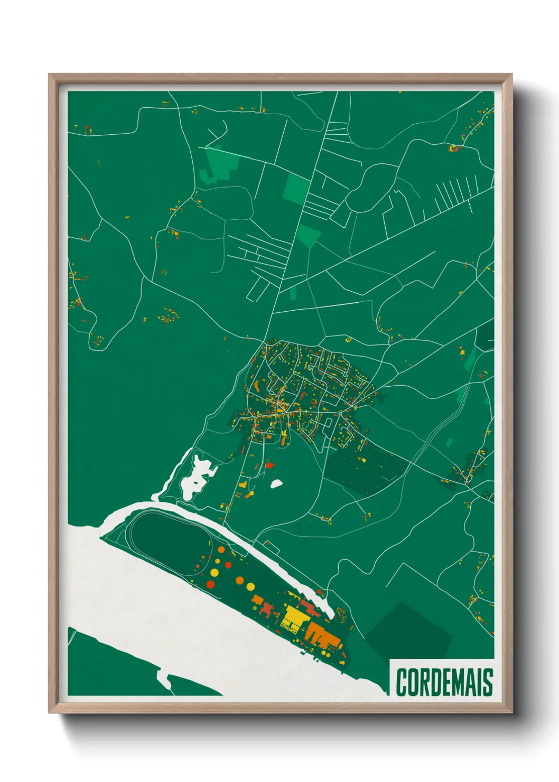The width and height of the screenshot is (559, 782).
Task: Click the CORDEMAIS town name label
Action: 444,682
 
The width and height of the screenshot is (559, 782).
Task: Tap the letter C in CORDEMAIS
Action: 402,682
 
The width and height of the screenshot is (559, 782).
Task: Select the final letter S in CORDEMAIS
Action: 487,682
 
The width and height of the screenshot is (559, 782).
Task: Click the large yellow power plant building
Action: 294,618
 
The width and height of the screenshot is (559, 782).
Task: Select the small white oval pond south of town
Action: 276,483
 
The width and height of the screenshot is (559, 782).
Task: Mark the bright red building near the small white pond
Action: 270,465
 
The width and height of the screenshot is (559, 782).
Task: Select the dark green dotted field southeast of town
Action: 370,465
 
